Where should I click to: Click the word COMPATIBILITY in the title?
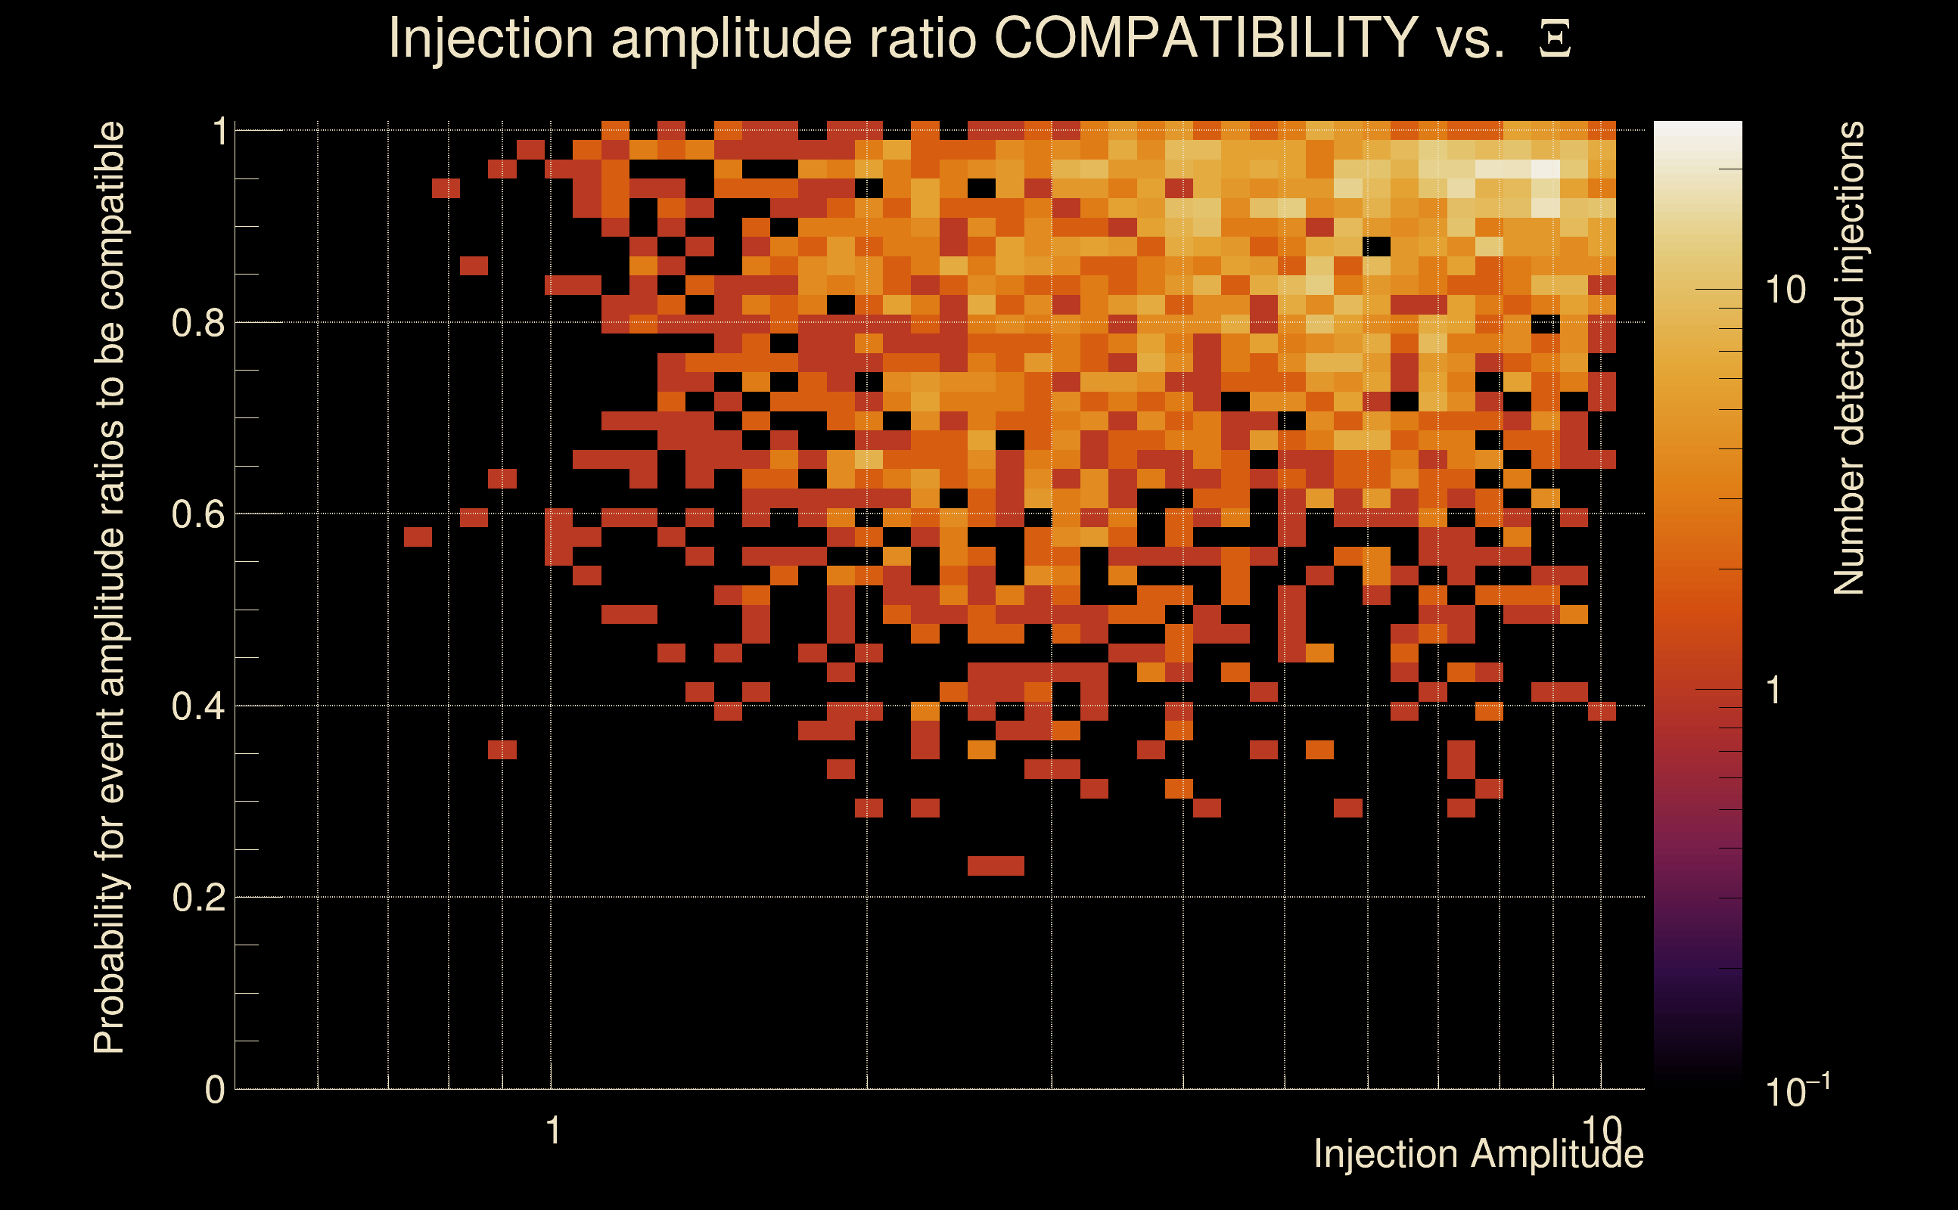coord(1205,38)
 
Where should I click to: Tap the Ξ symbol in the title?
coord(1555,39)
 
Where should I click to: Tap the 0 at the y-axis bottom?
coord(215,1090)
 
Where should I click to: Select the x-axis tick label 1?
coord(552,1131)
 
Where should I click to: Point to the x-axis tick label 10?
coord(1601,1131)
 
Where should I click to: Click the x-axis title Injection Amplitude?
coord(1478,1155)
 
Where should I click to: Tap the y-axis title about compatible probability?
coord(110,588)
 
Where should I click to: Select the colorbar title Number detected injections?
coord(1848,358)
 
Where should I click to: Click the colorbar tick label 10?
coord(1785,290)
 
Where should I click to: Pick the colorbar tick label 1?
coord(1774,690)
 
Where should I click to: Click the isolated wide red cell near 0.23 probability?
coord(995,866)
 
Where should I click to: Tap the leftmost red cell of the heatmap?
coord(418,537)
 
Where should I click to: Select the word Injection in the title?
coord(490,38)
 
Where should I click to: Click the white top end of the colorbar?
coord(1697,132)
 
